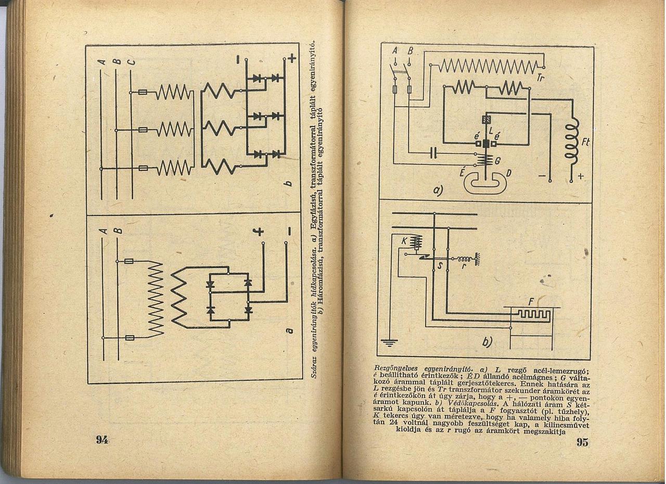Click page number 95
tap(582, 442)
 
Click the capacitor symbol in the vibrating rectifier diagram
tap(433, 153)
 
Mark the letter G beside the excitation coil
tap(497, 161)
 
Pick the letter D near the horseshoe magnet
tap(508, 173)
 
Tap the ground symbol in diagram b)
tap(389, 342)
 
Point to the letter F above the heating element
tap(531, 301)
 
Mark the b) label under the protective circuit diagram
tap(487, 342)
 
